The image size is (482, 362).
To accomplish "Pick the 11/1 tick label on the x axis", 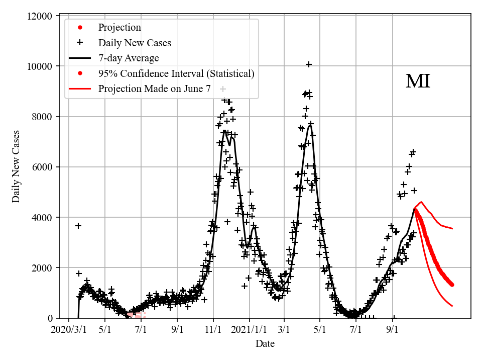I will click(213, 330).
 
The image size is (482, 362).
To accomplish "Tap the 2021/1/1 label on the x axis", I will click(249, 330).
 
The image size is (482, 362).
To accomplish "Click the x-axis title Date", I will click(265, 344).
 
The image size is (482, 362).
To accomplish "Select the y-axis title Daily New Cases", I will click(16, 166).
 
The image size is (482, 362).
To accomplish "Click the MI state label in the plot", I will click(418, 81).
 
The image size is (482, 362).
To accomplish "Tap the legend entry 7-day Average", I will click(129, 58).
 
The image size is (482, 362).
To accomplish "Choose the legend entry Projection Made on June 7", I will click(154, 89).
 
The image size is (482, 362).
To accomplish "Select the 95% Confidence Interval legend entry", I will click(176, 74).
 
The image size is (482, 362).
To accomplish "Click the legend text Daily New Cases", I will click(135, 43).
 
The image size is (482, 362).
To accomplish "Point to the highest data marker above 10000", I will click(309, 64).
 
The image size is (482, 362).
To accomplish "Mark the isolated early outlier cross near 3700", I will click(78, 226).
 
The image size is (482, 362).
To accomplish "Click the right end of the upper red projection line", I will click(452, 228).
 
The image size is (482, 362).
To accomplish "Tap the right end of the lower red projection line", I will click(452, 306).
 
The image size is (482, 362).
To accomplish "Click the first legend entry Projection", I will click(119, 28).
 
